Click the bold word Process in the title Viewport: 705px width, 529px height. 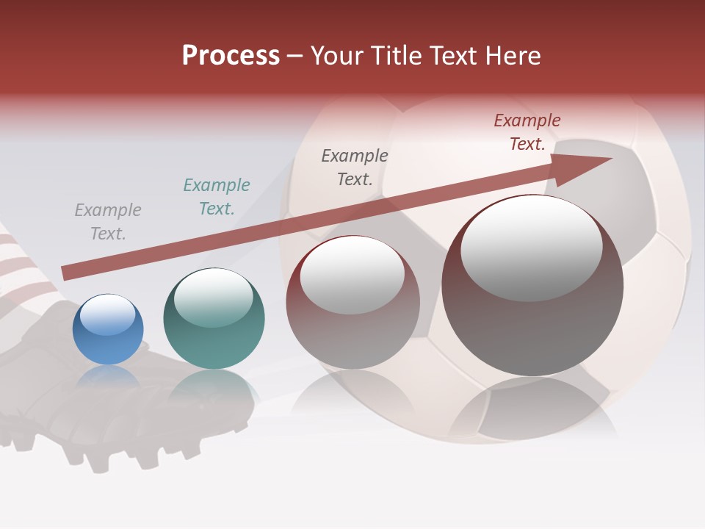click(231, 56)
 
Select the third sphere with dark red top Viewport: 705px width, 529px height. click(352, 303)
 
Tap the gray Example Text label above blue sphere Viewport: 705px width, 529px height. click(107, 221)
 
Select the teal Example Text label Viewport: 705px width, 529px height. click(217, 196)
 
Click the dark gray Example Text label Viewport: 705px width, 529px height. click(355, 167)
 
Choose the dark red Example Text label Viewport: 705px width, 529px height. click(527, 132)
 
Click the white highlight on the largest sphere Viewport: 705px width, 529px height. click(531, 246)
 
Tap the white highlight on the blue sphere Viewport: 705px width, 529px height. click(107, 314)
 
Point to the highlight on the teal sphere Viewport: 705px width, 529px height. click(213, 296)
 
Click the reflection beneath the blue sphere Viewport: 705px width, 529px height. click(108, 378)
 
